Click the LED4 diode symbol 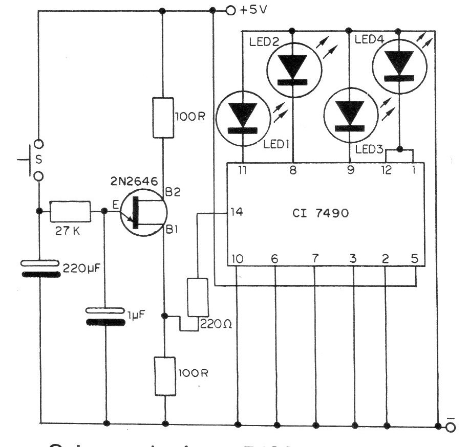coord(399,65)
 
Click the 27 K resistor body coord(70,211)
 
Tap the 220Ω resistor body coord(198,298)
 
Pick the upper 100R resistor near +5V coord(162,118)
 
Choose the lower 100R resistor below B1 coord(165,376)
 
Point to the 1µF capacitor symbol coord(105,316)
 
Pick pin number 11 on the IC coord(242,171)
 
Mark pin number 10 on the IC coord(237,259)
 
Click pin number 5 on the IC coord(414,259)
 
